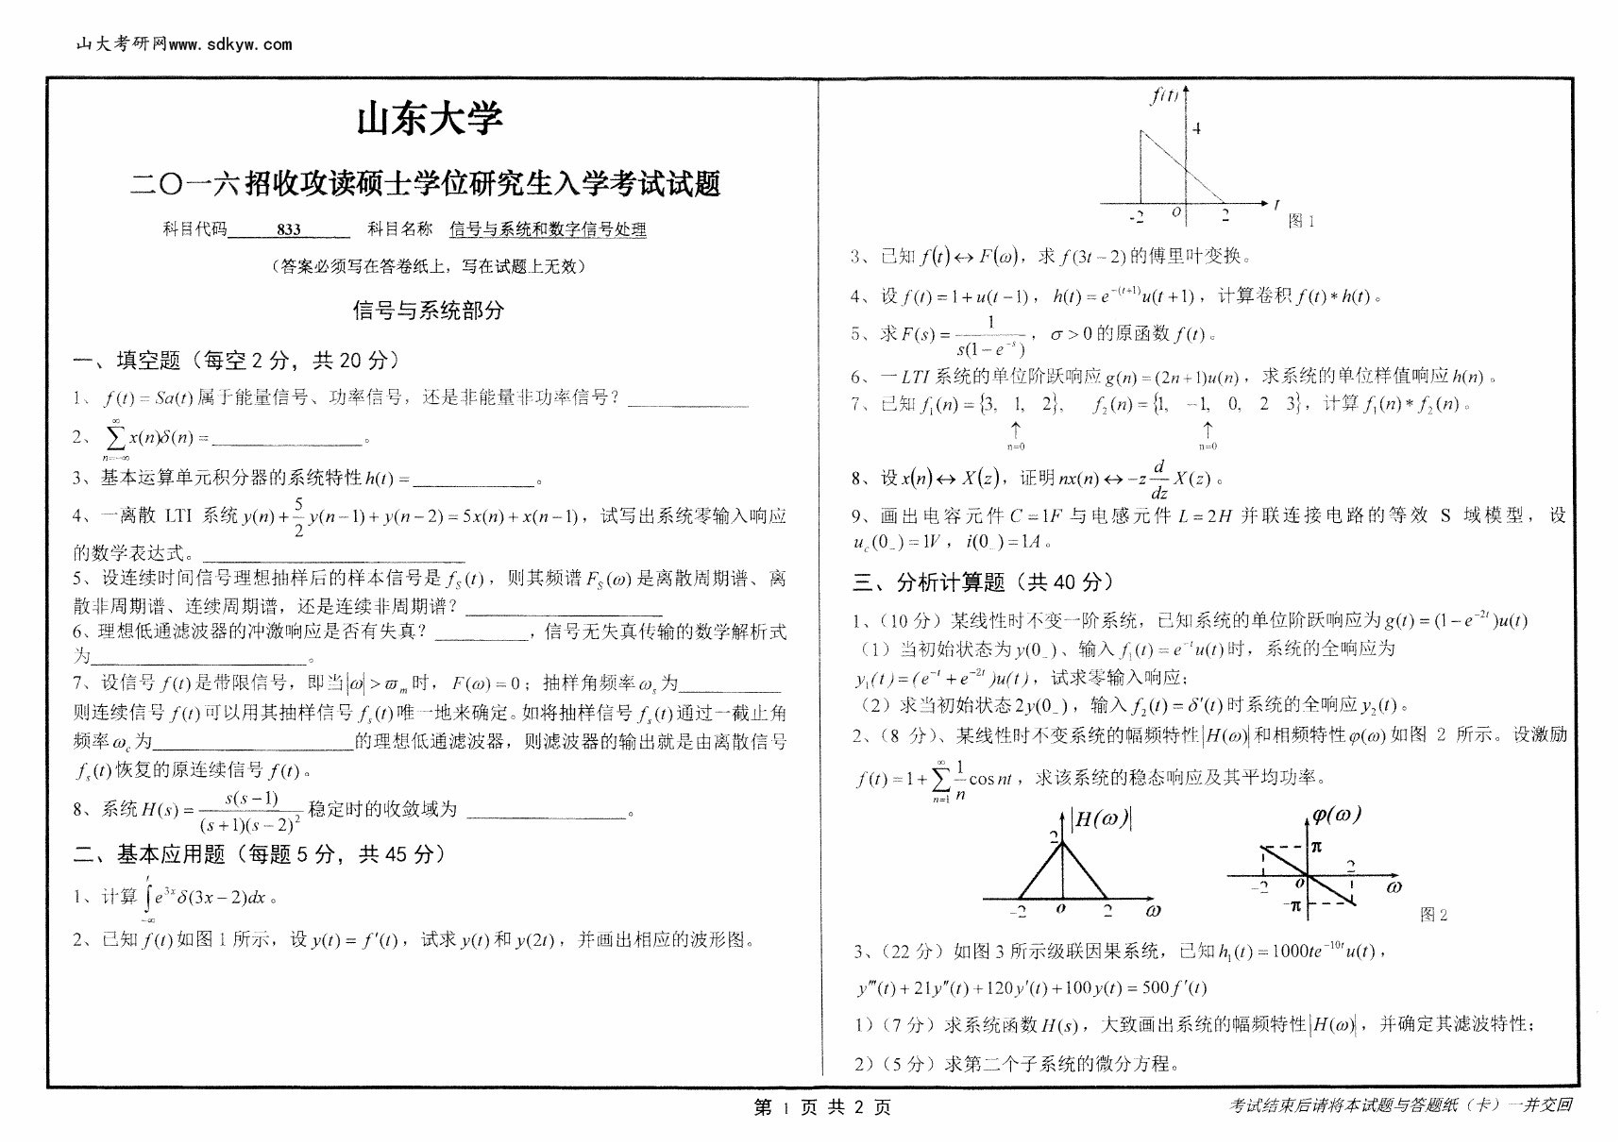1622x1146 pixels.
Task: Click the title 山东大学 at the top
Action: tap(430, 120)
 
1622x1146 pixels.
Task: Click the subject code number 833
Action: tap(289, 229)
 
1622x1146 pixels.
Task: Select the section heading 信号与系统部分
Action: tap(429, 311)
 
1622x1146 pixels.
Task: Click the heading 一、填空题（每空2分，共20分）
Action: tap(236, 360)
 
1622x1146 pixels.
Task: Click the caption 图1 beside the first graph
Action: tap(1301, 221)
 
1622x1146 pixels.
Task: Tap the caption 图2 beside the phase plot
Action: tap(1433, 914)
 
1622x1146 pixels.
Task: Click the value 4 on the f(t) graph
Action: tap(1197, 128)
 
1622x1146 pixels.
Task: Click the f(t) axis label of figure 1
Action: tap(1163, 95)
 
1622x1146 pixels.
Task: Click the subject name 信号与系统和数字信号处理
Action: tap(548, 229)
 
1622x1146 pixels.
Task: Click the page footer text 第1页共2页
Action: tap(822, 1107)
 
